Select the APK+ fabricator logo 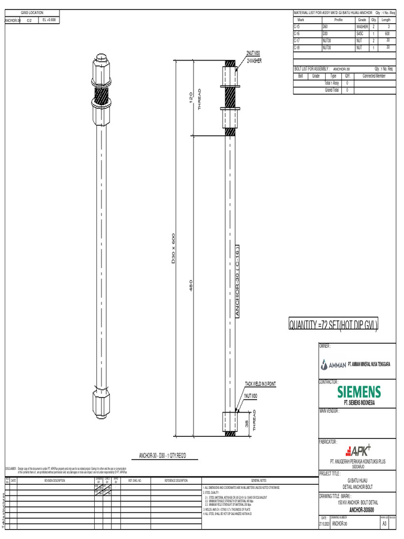(x=358, y=451)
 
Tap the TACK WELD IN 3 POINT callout (x=260, y=384)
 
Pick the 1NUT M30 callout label (x=251, y=395)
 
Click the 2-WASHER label (x=254, y=61)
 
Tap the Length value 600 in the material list (x=387, y=33)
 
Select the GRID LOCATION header (x=32, y=13)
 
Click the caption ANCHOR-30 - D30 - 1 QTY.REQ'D (x=163, y=455)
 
